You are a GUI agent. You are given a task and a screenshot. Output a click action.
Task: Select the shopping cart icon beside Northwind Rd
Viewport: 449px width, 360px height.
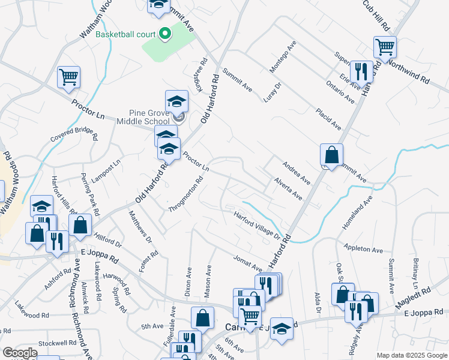[384, 47]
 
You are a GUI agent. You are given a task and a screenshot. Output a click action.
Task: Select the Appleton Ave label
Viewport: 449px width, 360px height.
[363, 248]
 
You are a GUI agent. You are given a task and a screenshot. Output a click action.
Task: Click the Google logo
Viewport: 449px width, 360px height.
[20, 353]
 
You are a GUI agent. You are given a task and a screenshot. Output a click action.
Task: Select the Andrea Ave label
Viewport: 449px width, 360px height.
[296, 172]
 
